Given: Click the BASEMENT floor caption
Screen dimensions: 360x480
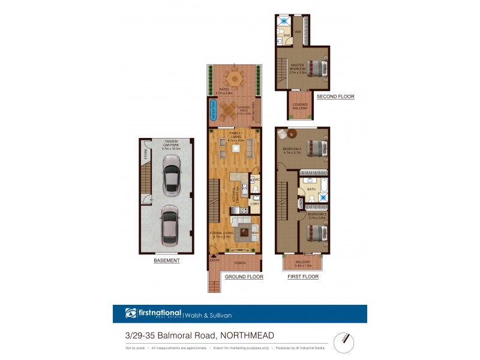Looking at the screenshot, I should (x=166, y=261).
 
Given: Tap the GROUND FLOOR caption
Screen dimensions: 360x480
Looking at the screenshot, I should (x=244, y=277).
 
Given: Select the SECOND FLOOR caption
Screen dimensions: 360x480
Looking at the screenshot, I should (x=335, y=97).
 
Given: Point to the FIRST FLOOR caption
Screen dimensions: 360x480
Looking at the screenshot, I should (x=303, y=277).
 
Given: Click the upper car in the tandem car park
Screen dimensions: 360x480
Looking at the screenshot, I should (x=171, y=174).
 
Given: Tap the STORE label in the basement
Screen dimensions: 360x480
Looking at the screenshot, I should (x=145, y=154).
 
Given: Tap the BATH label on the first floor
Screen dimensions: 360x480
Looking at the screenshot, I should (x=311, y=189).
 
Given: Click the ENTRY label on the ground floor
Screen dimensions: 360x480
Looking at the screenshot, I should (x=214, y=260).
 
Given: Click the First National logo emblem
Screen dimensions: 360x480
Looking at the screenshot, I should (x=131, y=313).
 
